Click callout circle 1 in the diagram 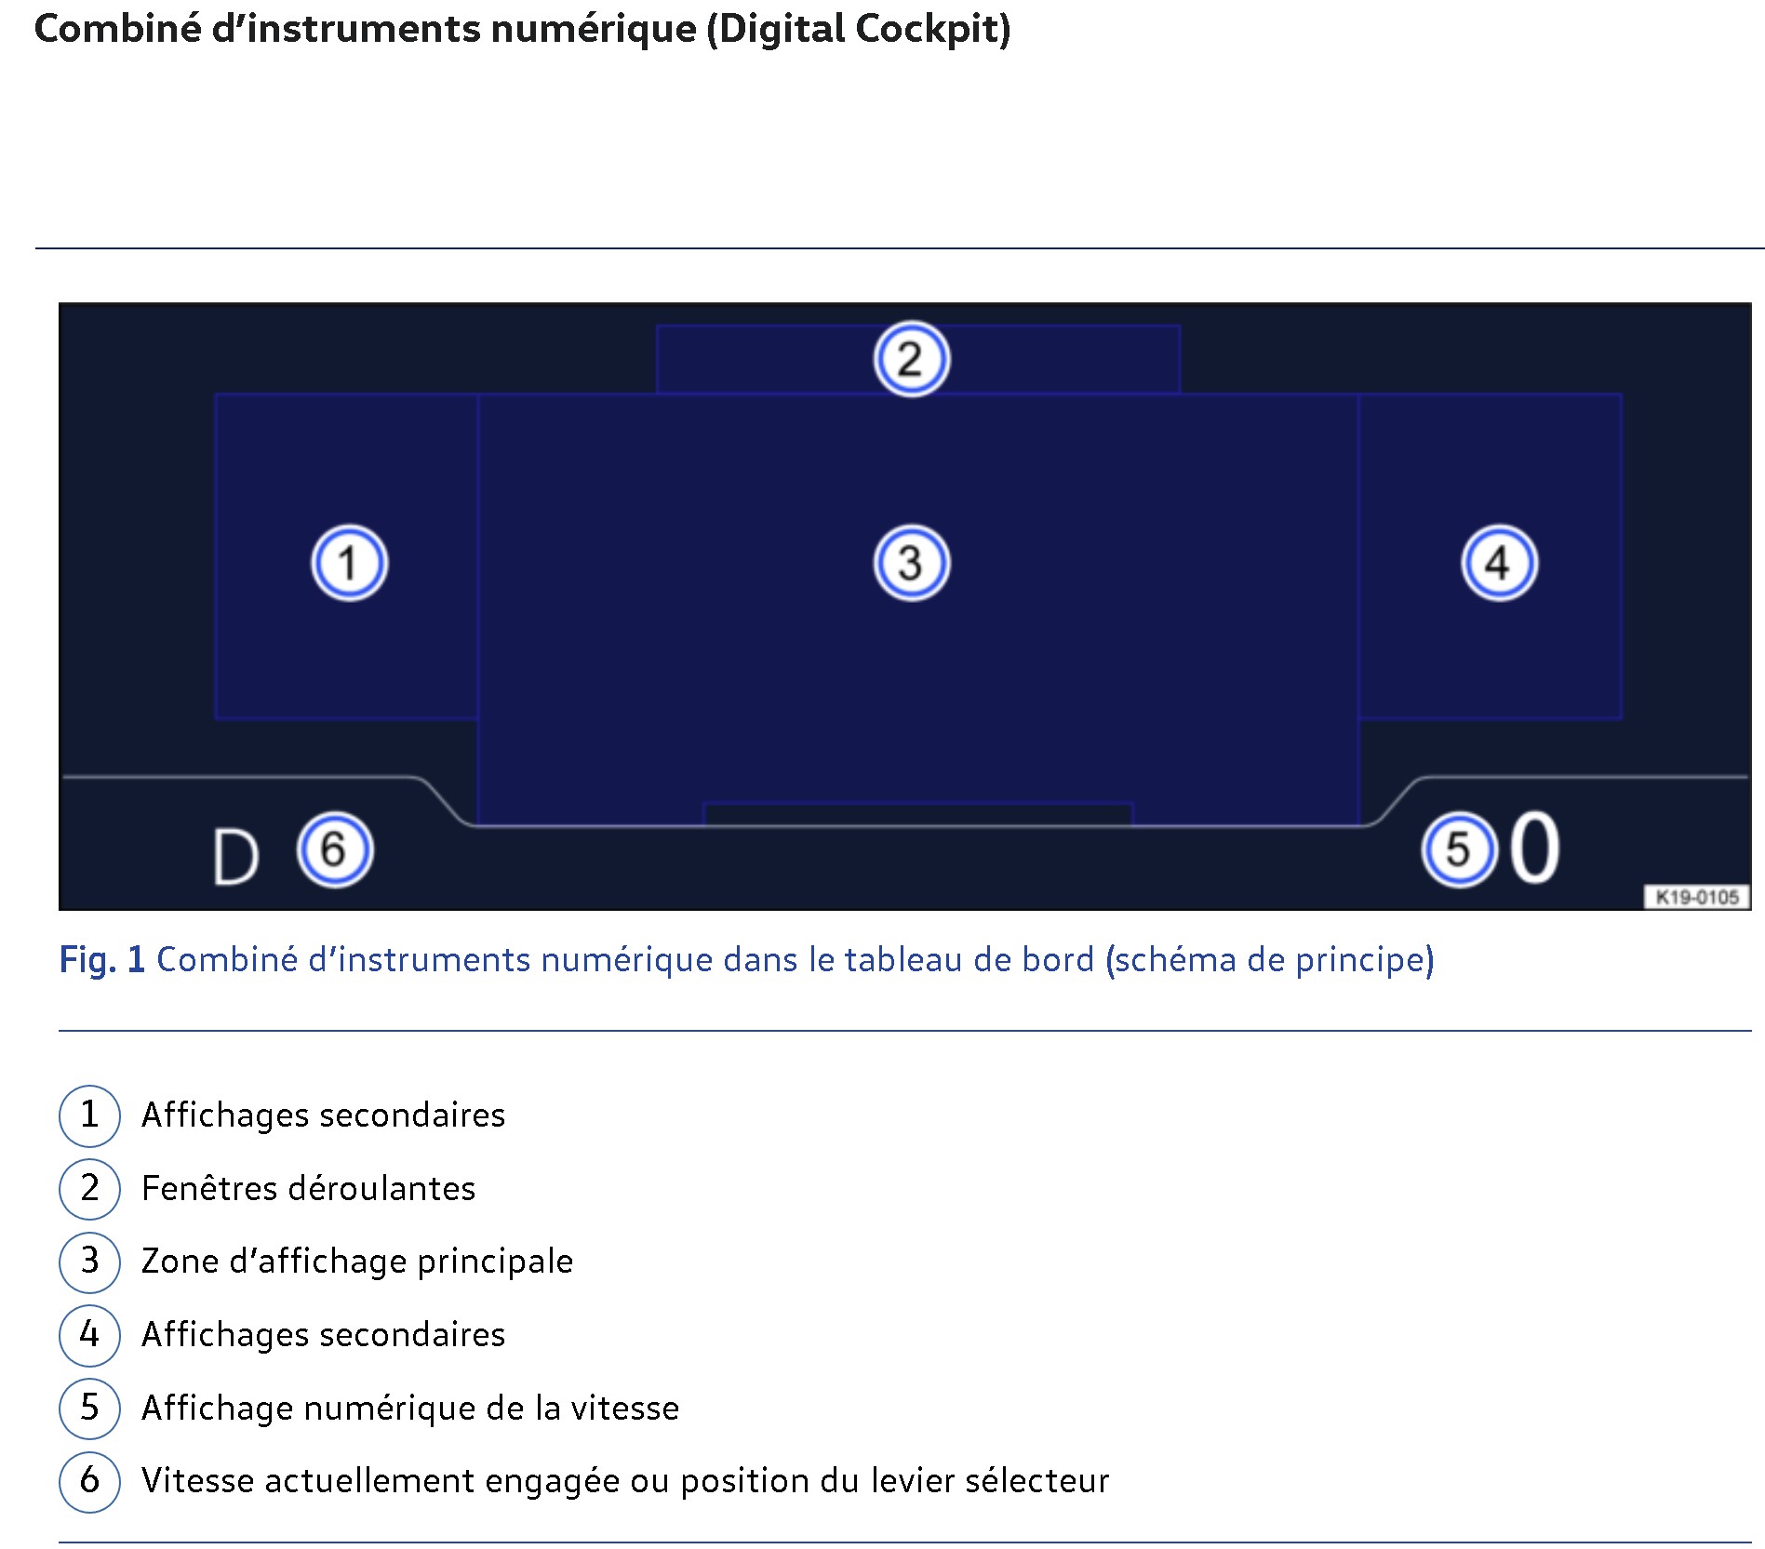pos(349,563)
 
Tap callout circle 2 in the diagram pos(912,359)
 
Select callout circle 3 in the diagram pos(912,563)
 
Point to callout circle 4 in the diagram pos(1499,563)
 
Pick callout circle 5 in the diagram pos(1459,849)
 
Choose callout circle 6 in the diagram pos(335,849)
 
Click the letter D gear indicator pos(234,857)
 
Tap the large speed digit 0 pos(1534,847)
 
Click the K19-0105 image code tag pos(1697,897)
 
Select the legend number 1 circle pos(89,1115)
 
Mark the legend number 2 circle pos(89,1188)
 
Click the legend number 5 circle pos(89,1408)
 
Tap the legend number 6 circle pos(89,1481)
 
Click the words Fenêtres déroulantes pos(308,1188)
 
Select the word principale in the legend pos(495,1262)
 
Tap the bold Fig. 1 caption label pos(102,960)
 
